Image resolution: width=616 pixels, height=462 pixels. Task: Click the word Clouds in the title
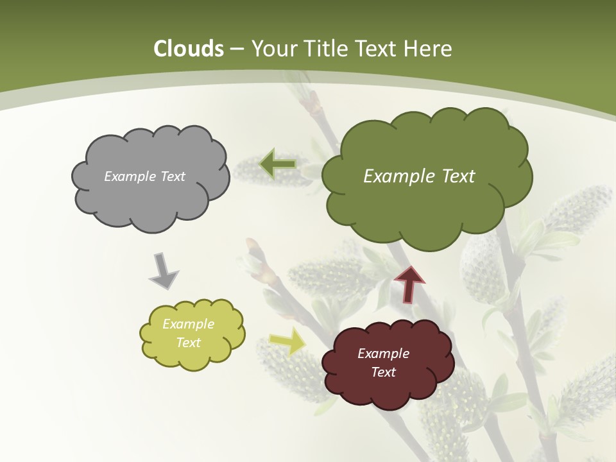pos(189,49)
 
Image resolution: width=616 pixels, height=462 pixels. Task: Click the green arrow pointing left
pos(278,164)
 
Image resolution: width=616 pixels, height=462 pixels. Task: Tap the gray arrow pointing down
pos(163,270)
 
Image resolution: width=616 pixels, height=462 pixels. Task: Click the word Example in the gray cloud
pos(129,176)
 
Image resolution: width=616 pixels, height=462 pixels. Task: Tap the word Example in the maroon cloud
pos(383,354)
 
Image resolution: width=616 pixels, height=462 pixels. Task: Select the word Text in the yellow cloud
pos(188,343)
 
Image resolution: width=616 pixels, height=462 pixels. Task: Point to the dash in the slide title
pos(237,49)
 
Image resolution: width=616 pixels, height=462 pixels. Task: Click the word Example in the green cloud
pos(399,176)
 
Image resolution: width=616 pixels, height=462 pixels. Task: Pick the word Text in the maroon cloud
pos(383,372)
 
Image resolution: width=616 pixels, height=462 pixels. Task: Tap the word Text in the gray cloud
pos(171,176)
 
